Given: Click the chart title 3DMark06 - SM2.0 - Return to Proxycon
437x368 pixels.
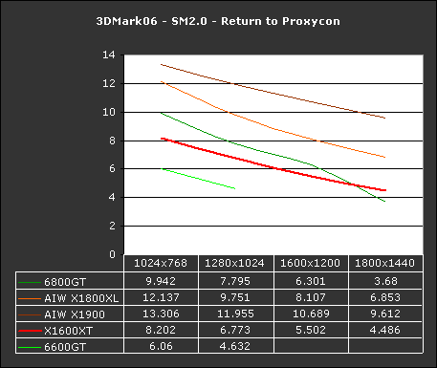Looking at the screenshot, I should tap(219, 20).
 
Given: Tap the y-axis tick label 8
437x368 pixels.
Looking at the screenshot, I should tap(113, 141).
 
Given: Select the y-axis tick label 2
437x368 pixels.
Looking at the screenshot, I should tap(113, 226).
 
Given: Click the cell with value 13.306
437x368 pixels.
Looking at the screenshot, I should tap(162, 314).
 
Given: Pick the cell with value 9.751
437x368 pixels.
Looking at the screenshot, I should tap(236, 297).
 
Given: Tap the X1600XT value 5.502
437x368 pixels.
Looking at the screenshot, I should tap(310, 331).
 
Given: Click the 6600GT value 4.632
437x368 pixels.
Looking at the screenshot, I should tap(236, 347).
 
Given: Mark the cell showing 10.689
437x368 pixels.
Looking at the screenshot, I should tap(310, 314).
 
